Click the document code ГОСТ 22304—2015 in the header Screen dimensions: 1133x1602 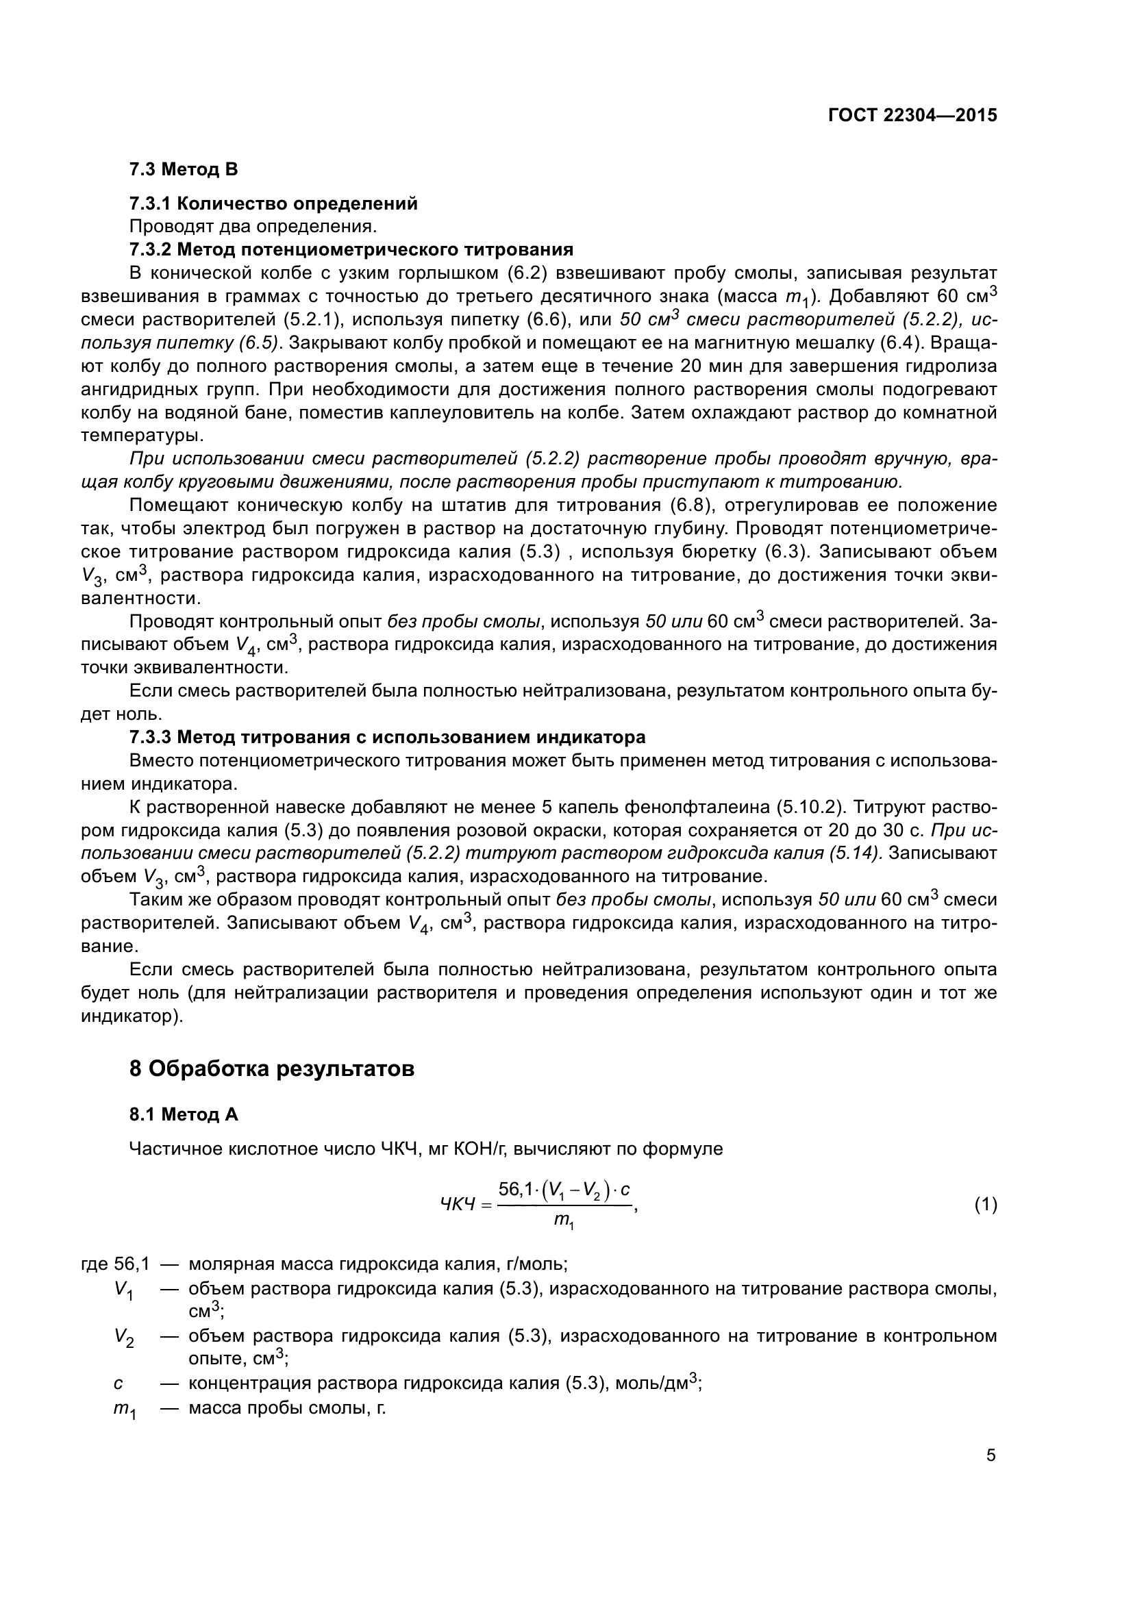coord(912,116)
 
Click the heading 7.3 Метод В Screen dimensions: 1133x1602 coord(184,170)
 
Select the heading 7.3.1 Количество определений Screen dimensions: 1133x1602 coord(273,203)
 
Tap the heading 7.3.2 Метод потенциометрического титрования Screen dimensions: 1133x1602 coord(351,250)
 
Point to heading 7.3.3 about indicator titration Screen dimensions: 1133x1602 coord(387,737)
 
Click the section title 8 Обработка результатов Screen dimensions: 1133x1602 coord(272,1068)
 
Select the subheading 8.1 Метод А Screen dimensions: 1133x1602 coord(184,1115)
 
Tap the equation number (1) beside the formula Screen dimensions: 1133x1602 coord(985,1204)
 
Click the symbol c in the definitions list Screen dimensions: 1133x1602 coord(118,1383)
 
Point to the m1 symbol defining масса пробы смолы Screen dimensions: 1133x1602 coord(124,1408)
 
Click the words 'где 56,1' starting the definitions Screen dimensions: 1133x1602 coord(115,1264)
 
